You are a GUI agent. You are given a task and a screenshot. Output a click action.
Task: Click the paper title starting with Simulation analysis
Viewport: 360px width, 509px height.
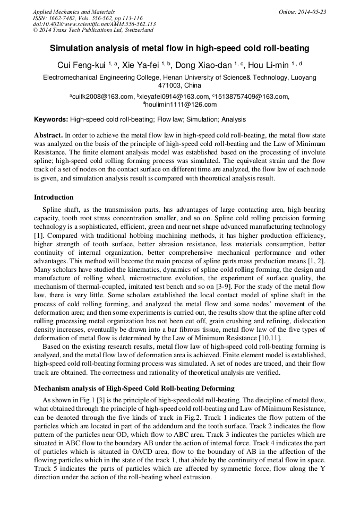point(179,48)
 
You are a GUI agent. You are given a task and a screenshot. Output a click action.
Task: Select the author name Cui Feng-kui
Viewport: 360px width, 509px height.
point(81,65)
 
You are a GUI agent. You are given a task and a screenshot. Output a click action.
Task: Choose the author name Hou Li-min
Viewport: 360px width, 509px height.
point(269,65)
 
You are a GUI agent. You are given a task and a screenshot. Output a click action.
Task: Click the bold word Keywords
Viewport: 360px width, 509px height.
point(50,120)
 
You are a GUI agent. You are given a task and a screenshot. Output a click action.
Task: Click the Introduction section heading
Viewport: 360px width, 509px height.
point(54,197)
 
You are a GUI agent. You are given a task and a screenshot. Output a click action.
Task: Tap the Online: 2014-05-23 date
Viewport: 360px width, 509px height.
point(303,12)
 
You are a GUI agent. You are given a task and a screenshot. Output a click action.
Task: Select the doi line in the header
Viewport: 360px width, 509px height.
point(94,24)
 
